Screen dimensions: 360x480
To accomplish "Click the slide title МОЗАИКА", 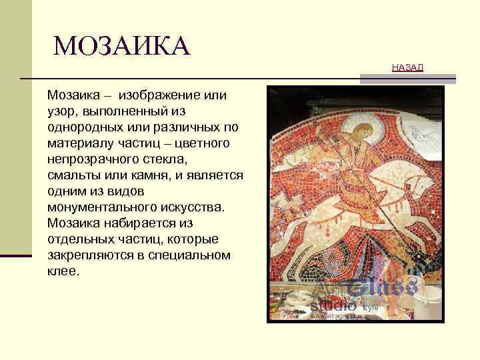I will click(121, 46).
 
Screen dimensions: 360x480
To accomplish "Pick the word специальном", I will click(187, 255).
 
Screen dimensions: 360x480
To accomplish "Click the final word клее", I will click(63, 271).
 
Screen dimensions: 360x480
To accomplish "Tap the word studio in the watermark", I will click(333, 305).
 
